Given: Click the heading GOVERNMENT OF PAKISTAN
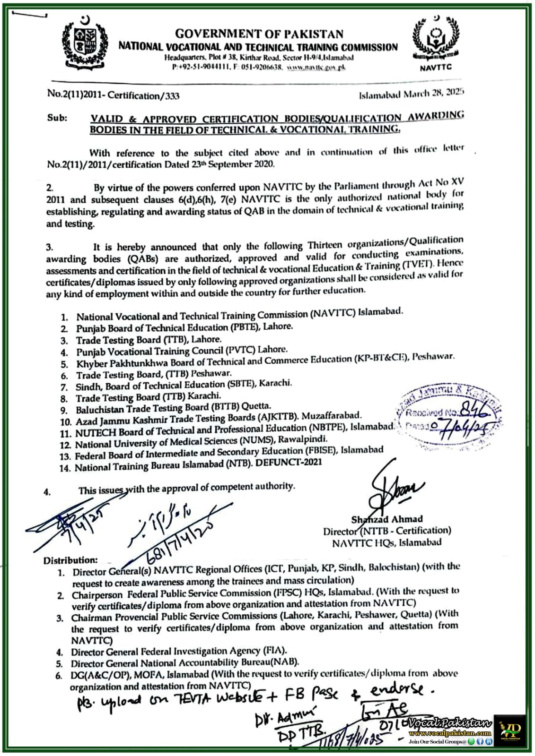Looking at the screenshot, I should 259,34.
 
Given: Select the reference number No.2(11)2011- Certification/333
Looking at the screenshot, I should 113,96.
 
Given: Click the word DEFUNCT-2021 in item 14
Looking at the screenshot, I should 289,463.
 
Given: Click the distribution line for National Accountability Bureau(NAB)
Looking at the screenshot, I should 185,663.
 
